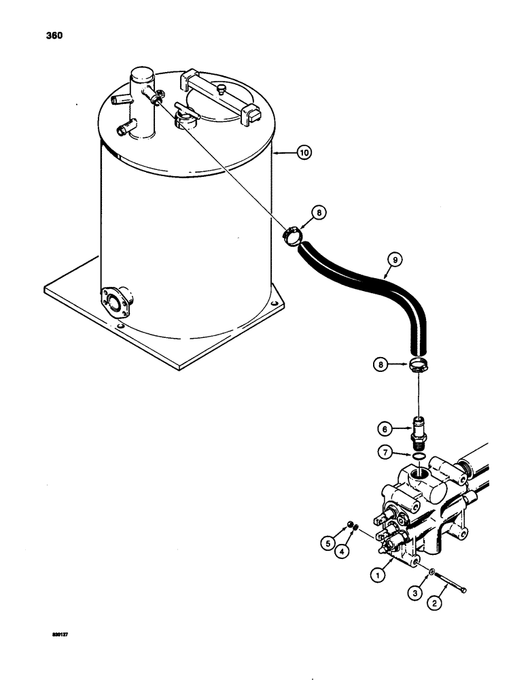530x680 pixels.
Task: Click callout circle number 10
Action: click(x=303, y=154)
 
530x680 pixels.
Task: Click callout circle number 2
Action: click(x=432, y=602)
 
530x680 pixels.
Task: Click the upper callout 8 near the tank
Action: click(x=319, y=213)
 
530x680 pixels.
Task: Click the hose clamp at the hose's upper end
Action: click(x=292, y=237)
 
